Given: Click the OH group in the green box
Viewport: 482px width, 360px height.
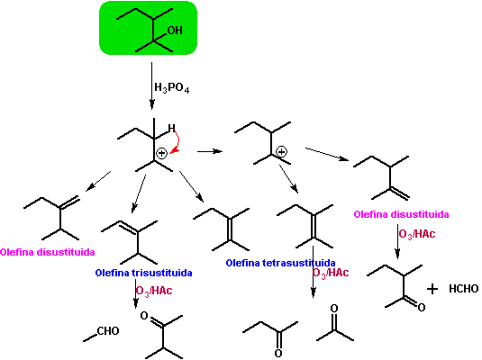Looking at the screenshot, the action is tap(175, 30).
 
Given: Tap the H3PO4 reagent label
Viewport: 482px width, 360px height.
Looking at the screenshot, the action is tap(171, 88).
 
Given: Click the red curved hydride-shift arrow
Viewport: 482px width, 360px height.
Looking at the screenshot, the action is tap(177, 142).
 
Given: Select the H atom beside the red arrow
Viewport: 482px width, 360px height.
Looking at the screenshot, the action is tap(171, 128).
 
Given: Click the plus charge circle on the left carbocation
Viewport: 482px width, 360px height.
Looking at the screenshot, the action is tap(161, 153).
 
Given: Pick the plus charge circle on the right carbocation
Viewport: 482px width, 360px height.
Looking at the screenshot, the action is tap(281, 151).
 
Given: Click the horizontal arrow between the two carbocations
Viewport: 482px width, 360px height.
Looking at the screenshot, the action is tap(210, 151).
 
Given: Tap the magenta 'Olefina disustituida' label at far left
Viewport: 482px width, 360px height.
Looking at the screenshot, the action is tap(48, 252).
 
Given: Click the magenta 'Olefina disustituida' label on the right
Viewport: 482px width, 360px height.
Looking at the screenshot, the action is tap(401, 214).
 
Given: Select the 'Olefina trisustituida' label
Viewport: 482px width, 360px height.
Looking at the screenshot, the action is tap(143, 273).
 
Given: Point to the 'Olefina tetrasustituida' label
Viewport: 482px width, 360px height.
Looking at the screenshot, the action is tap(280, 263).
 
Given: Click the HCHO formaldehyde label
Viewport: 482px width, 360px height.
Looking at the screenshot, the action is tap(464, 288).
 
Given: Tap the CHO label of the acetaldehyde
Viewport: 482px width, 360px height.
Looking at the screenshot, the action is tap(108, 331).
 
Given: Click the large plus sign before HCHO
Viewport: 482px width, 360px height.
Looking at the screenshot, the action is tap(432, 289).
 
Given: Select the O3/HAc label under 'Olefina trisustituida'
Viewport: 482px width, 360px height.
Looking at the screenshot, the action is tap(154, 291).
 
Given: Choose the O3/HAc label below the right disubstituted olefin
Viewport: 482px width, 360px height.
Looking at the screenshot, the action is tap(417, 234).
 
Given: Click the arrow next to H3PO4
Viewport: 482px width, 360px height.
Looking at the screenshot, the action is tap(151, 85).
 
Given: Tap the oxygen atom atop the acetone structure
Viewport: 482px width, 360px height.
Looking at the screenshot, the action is tap(334, 308).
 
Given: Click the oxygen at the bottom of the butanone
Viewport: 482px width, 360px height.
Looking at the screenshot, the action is tap(278, 353).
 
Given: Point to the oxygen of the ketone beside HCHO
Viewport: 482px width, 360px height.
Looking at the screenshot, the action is tap(422, 307).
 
